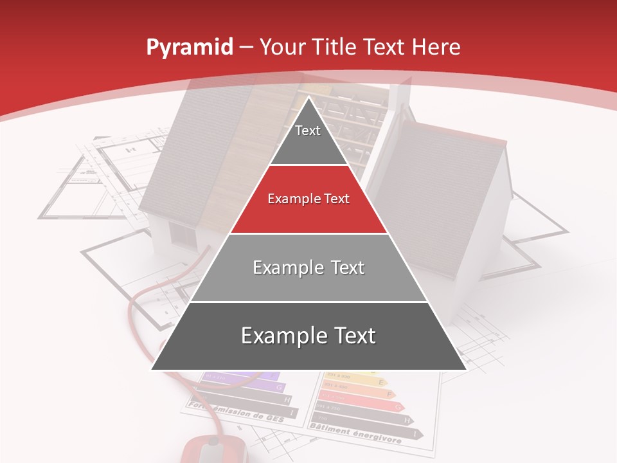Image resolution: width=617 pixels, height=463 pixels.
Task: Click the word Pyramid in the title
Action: click(189, 48)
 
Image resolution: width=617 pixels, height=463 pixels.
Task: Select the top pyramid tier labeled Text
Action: click(308, 135)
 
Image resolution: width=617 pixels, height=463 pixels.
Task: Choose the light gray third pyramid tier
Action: click(308, 268)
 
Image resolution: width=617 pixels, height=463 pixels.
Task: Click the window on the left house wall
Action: click(183, 235)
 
